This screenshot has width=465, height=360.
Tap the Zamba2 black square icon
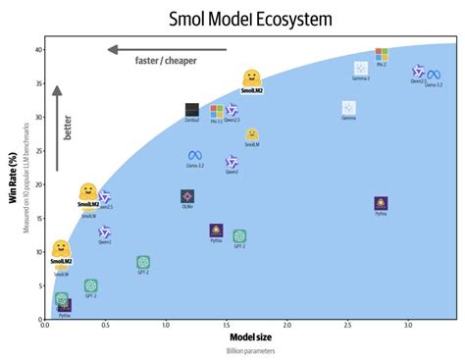[192, 110]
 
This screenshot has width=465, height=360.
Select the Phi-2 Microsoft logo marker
[382, 55]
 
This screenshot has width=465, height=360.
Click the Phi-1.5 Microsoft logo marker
[217, 112]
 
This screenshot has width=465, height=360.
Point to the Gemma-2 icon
[361, 68]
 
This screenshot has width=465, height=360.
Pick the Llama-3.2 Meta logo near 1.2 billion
[194, 156]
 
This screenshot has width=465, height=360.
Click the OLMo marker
[187, 196]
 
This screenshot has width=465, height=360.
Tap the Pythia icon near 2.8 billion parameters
[381, 204]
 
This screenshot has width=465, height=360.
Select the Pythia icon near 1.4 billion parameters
[216, 231]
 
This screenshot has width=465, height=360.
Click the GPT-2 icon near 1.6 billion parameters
[239, 236]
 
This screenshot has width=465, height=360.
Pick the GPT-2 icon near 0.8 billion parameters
[143, 262]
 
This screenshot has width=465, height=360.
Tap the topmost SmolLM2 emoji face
[251, 77]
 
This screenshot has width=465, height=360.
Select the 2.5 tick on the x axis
[348, 325]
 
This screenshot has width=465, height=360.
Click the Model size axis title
[239, 336]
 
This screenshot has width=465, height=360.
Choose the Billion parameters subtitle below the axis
[239, 350]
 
